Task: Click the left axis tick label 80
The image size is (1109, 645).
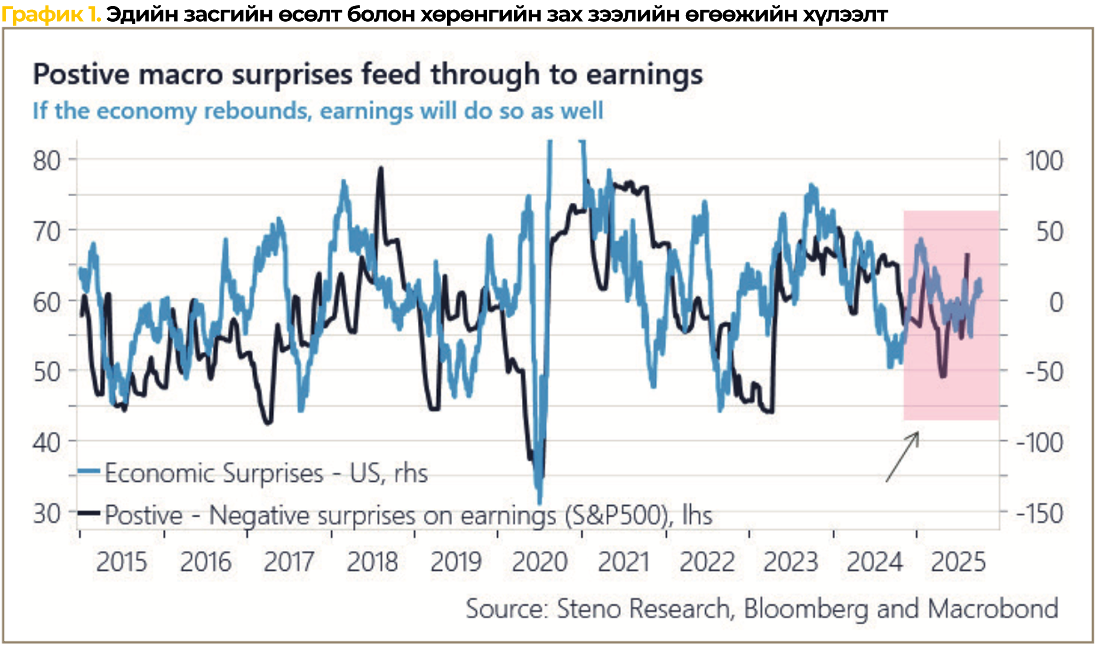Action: [x=47, y=161]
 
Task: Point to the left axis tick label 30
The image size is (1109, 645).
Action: [x=47, y=514]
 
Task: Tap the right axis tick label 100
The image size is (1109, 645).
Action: [x=1044, y=161]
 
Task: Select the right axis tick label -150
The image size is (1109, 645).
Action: [x=1039, y=514]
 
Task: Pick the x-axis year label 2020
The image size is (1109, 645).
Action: [x=540, y=562]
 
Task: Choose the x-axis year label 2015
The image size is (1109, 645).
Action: [x=121, y=562]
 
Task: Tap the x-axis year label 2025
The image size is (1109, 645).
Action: [x=958, y=562]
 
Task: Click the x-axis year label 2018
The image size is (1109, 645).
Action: [x=373, y=562]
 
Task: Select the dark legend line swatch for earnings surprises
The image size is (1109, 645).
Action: [x=89, y=513]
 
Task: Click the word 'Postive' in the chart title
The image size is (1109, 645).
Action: [x=81, y=74]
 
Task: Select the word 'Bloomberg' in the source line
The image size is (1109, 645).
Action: [x=806, y=609]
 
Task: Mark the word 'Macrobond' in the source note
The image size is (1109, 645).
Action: [x=993, y=609]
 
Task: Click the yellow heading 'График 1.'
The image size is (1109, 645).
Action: [x=51, y=14]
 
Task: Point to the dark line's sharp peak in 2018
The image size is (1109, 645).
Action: [x=381, y=168]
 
